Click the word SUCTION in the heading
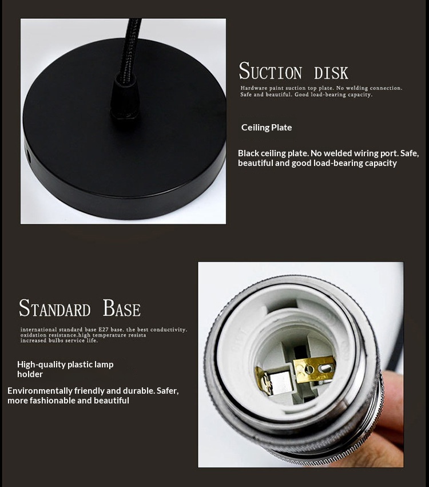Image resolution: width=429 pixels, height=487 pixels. (x=270, y=71)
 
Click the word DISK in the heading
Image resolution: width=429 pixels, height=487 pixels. (x=331, y=73)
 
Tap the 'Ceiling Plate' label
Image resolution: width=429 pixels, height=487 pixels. (x=267, y=128)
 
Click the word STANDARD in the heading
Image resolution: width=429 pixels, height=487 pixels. (x=55, y=308)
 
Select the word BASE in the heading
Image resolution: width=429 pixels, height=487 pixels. (x=121, y=308)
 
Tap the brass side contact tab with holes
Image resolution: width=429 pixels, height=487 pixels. (x=315, y=369)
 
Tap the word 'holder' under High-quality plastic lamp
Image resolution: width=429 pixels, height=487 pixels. (x=30, y=374)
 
